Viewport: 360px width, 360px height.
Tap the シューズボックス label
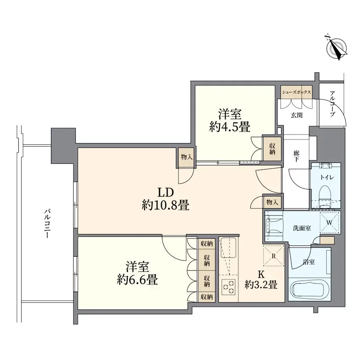(296, 92)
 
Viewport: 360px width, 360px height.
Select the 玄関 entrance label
(296, 115)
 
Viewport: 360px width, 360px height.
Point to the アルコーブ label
(332, 104)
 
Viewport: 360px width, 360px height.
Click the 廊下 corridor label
(296, 156)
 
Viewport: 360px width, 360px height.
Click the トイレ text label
(327, 177)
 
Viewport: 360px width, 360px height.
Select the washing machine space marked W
(329, 223)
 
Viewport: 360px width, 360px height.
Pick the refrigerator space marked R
(273, 256)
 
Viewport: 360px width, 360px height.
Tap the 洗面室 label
(302, 228)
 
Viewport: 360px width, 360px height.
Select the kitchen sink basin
(228, 248)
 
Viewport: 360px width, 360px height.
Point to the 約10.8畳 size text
(165, 205)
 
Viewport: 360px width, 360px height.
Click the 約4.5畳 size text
(230, 127)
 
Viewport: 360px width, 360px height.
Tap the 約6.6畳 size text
(137, 279)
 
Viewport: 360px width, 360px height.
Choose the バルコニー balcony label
(47, 223)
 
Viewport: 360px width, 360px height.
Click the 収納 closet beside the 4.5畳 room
(272, 149)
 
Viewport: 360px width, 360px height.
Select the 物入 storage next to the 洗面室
(272, 202)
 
